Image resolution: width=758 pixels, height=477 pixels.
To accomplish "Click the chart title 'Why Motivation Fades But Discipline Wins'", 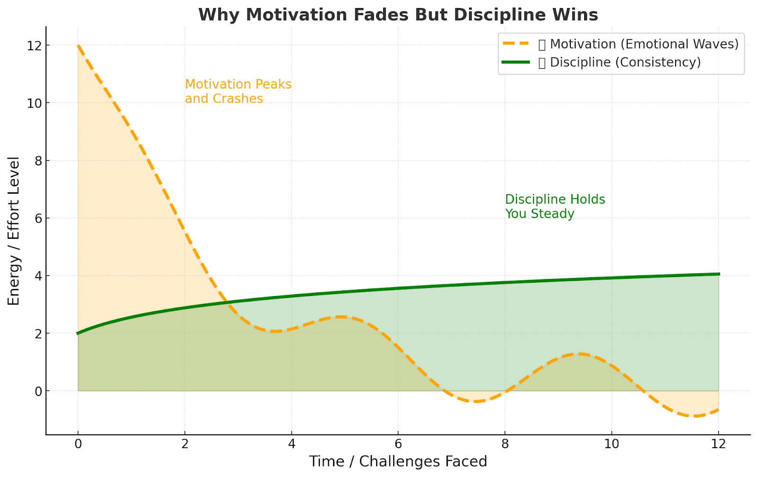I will [398, 15].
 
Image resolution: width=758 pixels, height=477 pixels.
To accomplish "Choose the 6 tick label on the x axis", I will [398, 444].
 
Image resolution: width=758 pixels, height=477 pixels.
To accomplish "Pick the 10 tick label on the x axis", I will [612, 444].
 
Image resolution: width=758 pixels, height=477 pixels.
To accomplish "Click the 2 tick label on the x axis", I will [185, 444].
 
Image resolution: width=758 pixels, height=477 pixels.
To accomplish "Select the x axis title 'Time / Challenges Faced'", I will [398, 461].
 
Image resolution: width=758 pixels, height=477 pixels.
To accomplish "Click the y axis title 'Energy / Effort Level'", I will [14, 231].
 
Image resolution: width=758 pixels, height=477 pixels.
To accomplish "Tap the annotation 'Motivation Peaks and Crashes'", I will [238, 91].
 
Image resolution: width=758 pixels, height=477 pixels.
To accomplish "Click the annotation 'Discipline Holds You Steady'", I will [555, 207].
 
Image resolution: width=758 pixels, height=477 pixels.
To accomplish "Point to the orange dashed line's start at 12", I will [78, 46].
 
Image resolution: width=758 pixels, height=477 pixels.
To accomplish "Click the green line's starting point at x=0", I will [78, 333].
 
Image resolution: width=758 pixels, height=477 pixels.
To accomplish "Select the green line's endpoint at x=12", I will [719, 274].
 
